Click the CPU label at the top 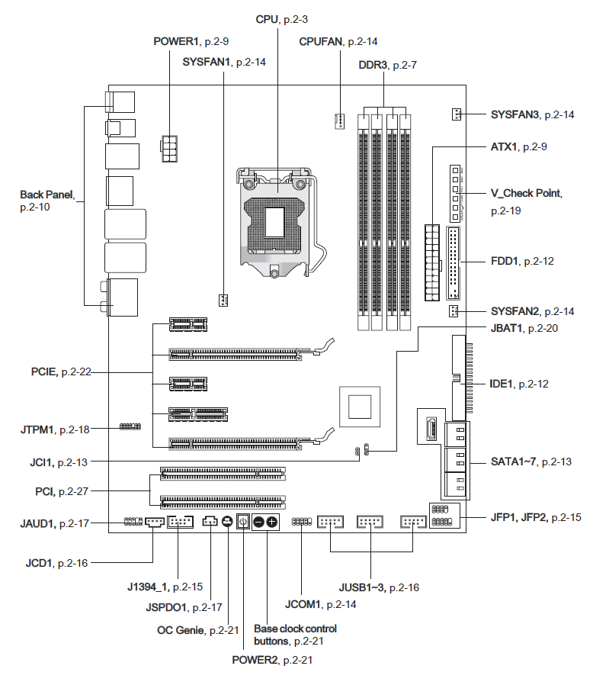(x=281, y=18)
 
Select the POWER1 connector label (x=186, y=42)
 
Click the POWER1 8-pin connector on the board (x=169, y=148)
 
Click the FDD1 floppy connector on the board (x=454, y=263)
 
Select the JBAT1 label (x=515, y=328)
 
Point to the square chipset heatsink (x=359, y=406)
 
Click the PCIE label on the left (x=61, y=371)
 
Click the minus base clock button (x=258, y=522)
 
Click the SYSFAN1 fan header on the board (x=223, y=298)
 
